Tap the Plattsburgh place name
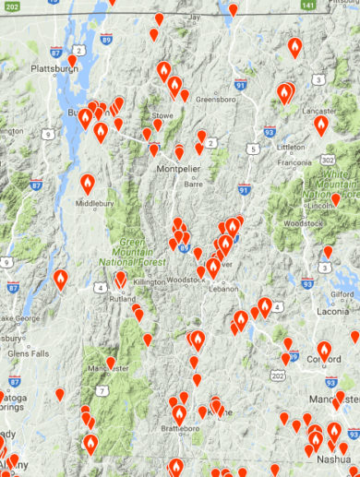(28, 68)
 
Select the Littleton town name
(291, 147)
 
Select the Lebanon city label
(223, 290)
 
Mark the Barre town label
(194, 184)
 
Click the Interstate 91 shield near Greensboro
(241, 85)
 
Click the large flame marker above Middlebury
(88, 184)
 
